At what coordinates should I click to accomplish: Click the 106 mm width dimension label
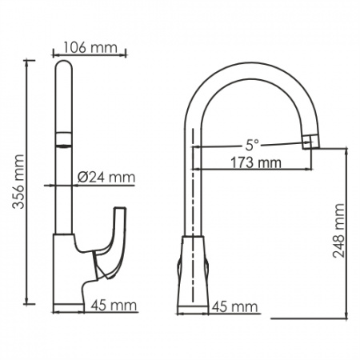[x=90, y=47]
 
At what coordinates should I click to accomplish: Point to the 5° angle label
[x=252, y=145]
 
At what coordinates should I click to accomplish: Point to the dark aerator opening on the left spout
[x=63, y=146]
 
